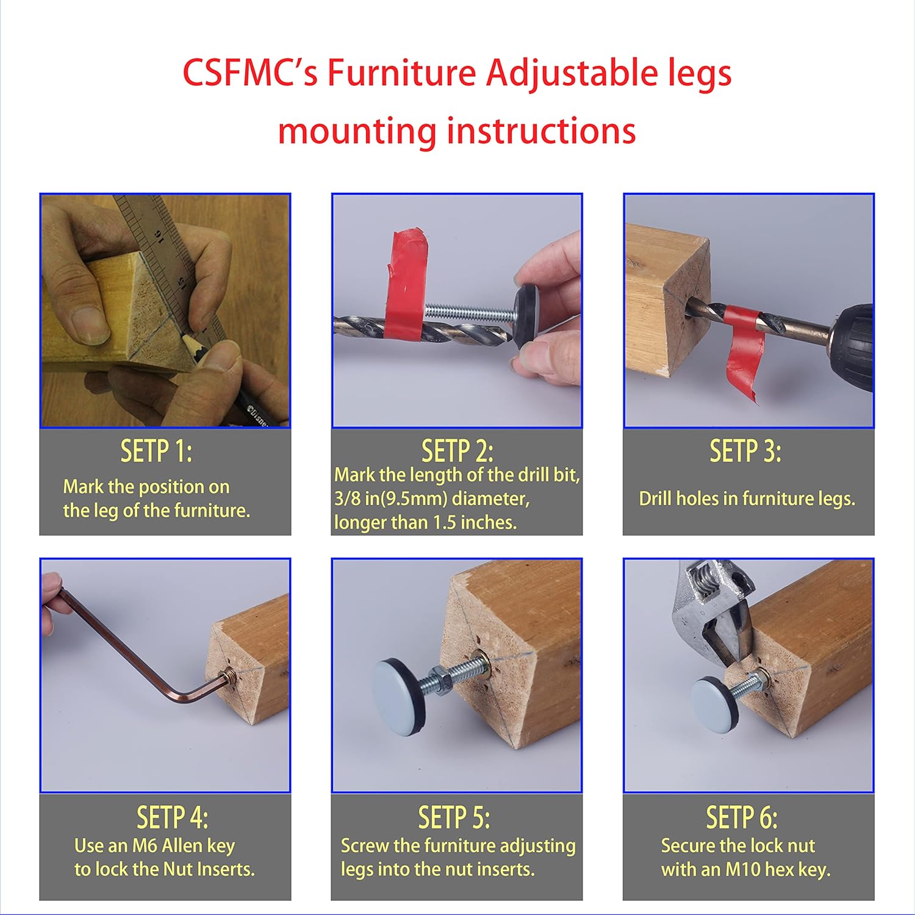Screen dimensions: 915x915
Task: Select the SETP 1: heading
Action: pos(156,451)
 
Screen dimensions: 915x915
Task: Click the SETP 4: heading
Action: pos(172,817)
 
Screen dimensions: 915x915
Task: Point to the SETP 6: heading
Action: pos(741,817)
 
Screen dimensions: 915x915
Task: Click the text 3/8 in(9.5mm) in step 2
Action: pos(390,499)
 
